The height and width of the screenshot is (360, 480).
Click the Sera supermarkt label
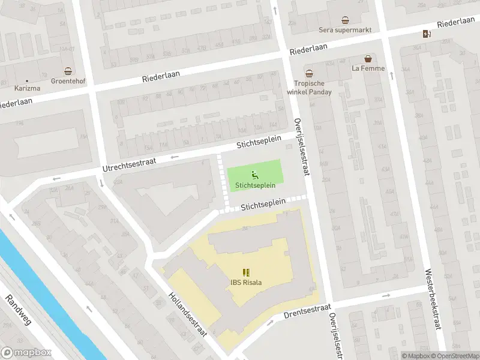point(344,30)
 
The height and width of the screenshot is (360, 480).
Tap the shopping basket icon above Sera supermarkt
point(344,19)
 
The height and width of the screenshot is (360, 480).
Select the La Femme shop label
point(368,68)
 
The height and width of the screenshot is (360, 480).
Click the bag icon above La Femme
point(368,59)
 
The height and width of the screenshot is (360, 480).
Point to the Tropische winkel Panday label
point(313,88)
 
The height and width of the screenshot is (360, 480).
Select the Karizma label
point(27,88)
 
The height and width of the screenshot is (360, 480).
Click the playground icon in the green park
point(254,175)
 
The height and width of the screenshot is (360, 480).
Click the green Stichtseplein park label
point(254,184)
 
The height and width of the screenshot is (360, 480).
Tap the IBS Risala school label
point(246,283)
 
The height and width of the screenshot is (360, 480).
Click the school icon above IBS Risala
point(246,272)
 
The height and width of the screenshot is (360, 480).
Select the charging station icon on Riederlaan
point(426,34)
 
